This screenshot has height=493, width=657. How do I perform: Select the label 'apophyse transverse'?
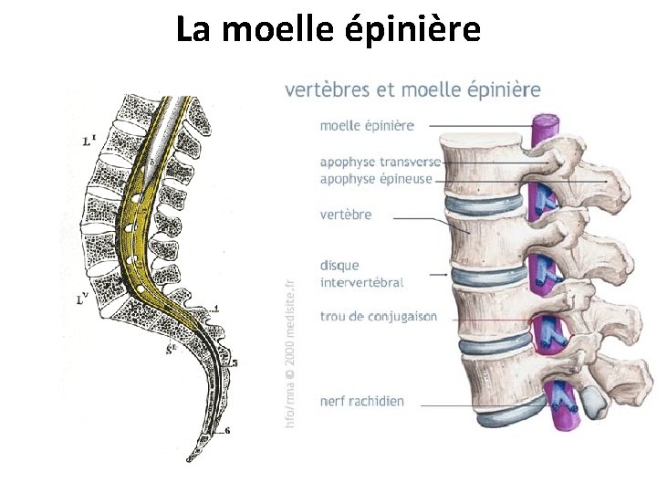click(380, 162)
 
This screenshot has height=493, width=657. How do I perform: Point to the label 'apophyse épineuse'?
click(375, 179)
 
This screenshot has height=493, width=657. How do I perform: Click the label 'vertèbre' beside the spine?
click(346, 215)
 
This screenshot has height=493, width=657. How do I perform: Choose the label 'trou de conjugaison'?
click(378, 317)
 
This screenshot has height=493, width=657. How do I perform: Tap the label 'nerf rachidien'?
click(361, 400)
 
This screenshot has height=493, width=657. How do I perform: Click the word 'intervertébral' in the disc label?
click(361, 282)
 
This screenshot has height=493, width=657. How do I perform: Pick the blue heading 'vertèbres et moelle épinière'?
click(412, 89)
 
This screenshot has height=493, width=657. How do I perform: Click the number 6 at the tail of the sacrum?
click(227, 430)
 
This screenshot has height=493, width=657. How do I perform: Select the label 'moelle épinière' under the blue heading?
click(367, 125)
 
